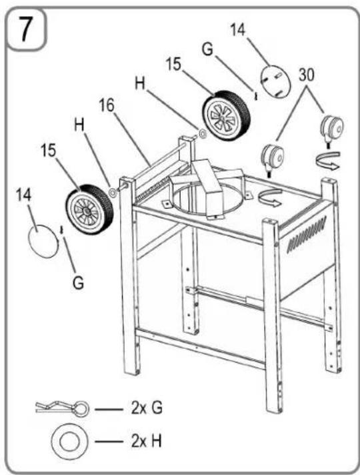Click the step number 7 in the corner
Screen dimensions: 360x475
(26, 29)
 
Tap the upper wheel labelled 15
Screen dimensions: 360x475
(227, 115)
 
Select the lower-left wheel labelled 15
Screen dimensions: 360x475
(89, 209)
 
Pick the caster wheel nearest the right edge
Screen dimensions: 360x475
(333, 129)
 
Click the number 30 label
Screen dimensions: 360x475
(307, 75)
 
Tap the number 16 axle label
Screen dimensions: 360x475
(107, 105)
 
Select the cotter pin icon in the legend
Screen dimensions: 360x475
(63, 408)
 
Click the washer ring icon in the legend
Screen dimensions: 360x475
(69, 441)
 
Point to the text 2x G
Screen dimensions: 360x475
(147, 408)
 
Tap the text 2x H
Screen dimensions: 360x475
(147, 441)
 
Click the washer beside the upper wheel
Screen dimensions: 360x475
(202, 133)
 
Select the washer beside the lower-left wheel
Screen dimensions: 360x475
(113, 193)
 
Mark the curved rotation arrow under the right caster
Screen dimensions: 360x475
(329, 161)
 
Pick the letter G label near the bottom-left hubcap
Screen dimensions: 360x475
(78, 284)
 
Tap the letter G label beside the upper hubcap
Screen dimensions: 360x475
(208, 49)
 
